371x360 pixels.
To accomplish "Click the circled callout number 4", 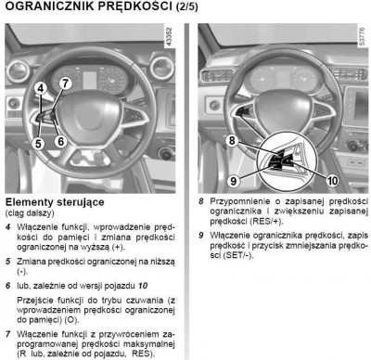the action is click(40, 89).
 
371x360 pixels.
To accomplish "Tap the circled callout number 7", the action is click(65, 84).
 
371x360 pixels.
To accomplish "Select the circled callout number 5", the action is click(38, 144).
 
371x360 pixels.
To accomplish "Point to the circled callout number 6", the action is click(61, 141).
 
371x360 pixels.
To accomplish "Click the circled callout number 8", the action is click(232, 141).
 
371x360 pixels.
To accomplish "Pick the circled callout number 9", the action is click(234, 181).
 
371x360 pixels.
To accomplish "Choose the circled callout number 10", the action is click(333, 180).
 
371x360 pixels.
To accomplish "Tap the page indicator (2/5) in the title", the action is click(186, 7).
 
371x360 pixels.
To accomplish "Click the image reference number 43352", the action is click(169, 37).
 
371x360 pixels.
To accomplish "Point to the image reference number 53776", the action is click(363, 37).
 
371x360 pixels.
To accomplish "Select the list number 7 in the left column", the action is click(8, 334).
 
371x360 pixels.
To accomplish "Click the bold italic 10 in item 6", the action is click(143, 286).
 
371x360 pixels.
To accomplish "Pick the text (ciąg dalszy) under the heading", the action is click(30, 213).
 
